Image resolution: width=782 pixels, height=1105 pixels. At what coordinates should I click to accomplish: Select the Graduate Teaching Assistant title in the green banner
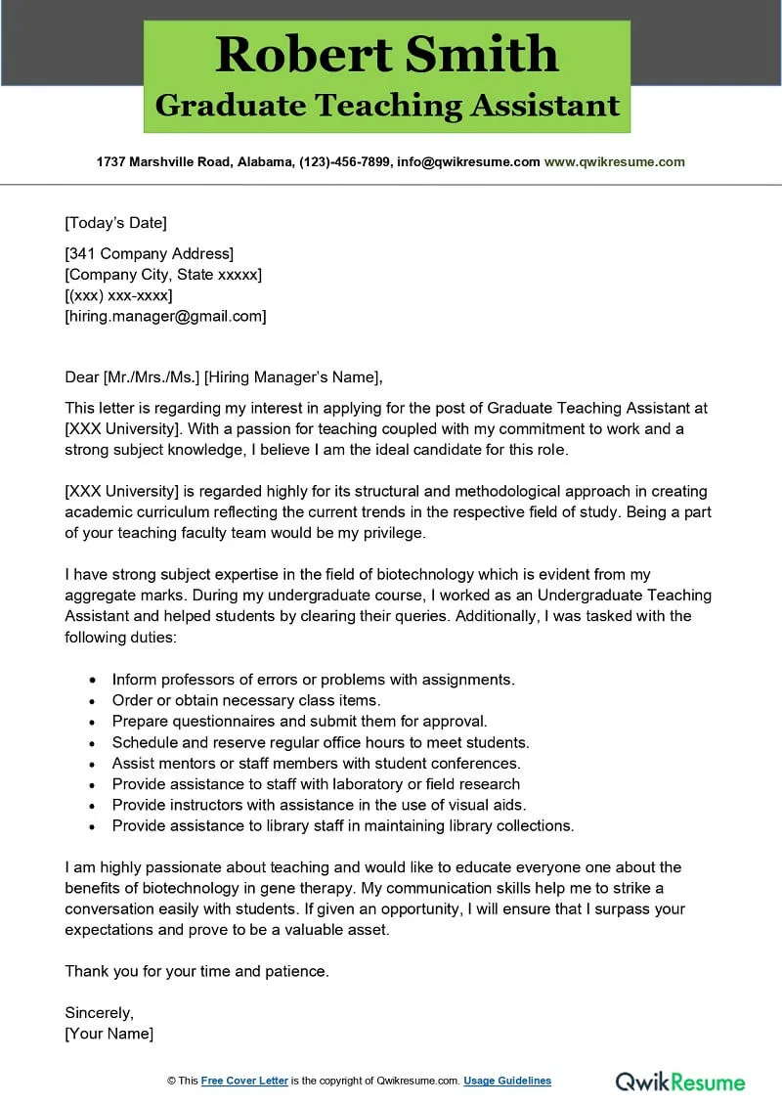click(387, 106)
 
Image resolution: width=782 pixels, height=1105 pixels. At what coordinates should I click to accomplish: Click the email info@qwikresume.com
click(468, 162)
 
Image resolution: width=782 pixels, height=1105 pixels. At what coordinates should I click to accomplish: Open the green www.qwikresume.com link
click(614, 162)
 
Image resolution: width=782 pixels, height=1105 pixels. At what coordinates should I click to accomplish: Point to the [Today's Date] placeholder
click(115, 222)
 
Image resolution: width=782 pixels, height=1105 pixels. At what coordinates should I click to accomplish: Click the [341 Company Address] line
click(149, 254)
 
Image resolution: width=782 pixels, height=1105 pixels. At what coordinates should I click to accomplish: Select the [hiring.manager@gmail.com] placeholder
click(165, 316)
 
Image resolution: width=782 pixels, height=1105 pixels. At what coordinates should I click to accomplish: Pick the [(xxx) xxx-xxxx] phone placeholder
click(118, 295)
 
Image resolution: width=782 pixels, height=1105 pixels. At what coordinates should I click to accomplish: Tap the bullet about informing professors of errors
click(313, 679)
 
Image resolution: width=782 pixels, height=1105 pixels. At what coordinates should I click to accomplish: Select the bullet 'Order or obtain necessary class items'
click(246, 700)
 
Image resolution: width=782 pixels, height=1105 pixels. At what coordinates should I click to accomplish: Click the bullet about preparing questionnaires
click(299, 721)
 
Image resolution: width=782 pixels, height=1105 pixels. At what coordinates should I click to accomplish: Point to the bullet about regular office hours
click(321, 742)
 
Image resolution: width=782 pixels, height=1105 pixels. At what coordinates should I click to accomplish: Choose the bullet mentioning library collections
click(343, 825)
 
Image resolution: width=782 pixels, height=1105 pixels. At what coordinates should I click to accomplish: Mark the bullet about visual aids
click(319, 805)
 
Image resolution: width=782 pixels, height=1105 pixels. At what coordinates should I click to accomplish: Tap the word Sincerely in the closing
click(99, 1012)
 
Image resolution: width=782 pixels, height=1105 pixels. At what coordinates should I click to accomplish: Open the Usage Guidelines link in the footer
click(506, 1081)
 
